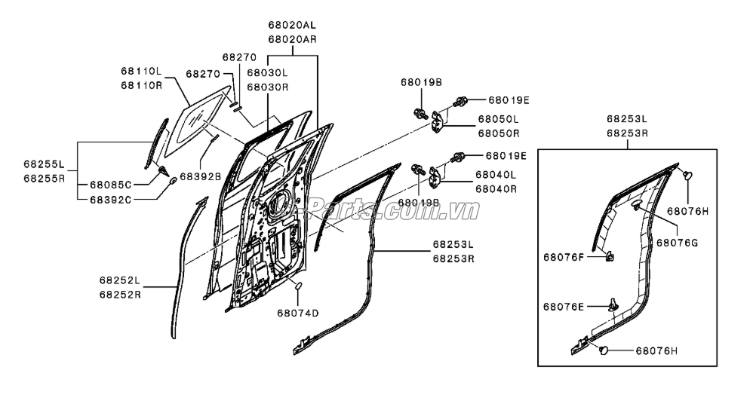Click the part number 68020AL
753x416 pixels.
[x=292, y=25]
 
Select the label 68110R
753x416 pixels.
[x=141, y=85]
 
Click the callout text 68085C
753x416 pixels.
[x=110, y=185]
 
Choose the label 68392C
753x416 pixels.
[x=110, y=200]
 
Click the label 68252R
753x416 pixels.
[x=119, y=294]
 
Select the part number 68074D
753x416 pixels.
[x=297, y=313]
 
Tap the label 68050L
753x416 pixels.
[x=497, y=120]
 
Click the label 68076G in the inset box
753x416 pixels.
[x=677, y=243]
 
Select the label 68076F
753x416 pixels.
[x=563, y=257]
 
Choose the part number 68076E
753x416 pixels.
[x=563, y=306]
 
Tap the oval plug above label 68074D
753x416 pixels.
[x=297, y=286]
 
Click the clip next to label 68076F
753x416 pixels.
[x=608, y=258]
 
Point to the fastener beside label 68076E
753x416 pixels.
[x=613, y=304]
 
